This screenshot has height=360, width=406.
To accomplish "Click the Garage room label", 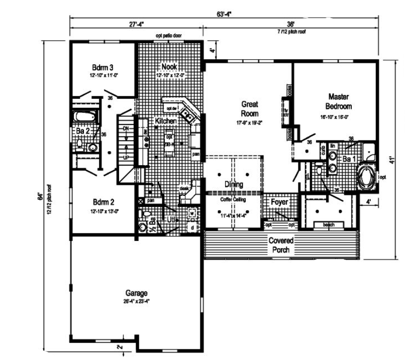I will (137, 293).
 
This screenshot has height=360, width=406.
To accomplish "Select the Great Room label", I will (250, 108).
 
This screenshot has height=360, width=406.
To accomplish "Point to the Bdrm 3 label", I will (102, 67).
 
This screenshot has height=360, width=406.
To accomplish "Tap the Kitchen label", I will (165, 122).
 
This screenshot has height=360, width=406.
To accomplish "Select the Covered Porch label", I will (281, 245).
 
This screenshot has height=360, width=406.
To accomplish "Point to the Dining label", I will (233, 184).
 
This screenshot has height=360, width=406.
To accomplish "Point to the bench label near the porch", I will (329, 224).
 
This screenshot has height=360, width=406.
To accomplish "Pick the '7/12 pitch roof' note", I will (291, 31).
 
